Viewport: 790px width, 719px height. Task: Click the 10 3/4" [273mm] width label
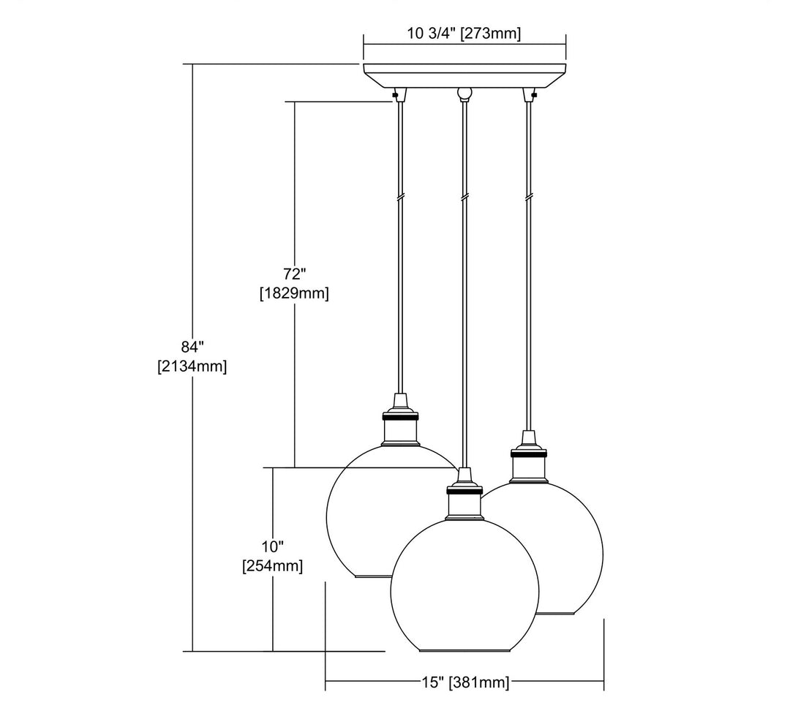[x=464, y=34]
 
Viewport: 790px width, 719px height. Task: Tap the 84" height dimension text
[x=192, y=347]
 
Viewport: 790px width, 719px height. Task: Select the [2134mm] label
[x=192, y=366]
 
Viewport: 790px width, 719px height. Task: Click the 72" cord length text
[x=295, y=274]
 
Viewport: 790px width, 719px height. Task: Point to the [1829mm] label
[x=295, y=293]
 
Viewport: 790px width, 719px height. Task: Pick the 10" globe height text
[x=273, y=546]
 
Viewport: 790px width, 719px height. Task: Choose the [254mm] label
[x=273, y=566]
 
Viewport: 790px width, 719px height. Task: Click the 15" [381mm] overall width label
[x=465, y=682]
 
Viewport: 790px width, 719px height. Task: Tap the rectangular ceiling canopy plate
[x=464, y=75]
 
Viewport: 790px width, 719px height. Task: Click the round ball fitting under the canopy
[x=464, y=93]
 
